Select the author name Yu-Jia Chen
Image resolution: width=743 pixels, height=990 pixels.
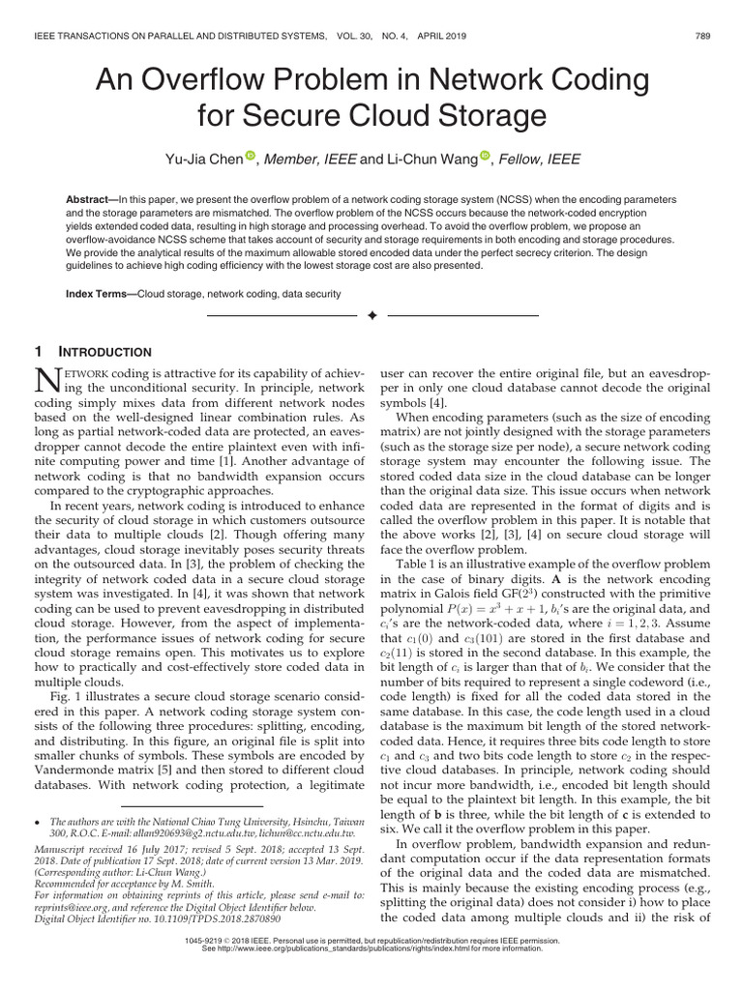tap(204, 159)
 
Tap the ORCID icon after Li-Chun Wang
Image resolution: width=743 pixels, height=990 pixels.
tap(486, 157)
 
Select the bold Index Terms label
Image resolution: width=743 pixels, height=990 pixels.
tap(100, 292)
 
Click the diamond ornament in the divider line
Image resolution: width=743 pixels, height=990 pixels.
tap(371, 317)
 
